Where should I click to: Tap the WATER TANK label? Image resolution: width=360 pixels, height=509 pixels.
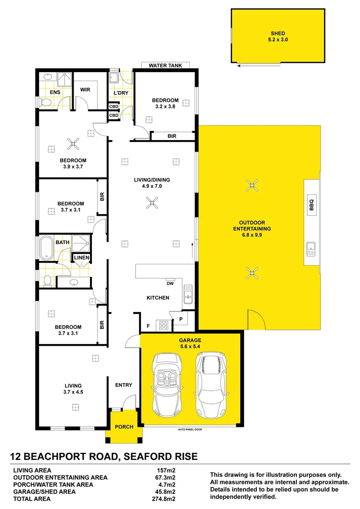tap(165, 66)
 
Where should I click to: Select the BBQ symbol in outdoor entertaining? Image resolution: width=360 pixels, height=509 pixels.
tap(311, 205)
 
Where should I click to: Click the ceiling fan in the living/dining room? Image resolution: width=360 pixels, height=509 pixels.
tap(152, 204)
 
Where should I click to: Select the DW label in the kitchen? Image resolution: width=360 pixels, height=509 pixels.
tap(170, 283)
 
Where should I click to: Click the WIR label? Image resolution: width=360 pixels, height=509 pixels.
tap(85, 90)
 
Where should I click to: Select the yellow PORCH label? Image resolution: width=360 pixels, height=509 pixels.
tap(124, 427)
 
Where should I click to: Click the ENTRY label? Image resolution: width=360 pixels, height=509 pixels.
tap(123, 385)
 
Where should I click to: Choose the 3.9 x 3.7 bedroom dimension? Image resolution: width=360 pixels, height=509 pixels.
tap(74, 167)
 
